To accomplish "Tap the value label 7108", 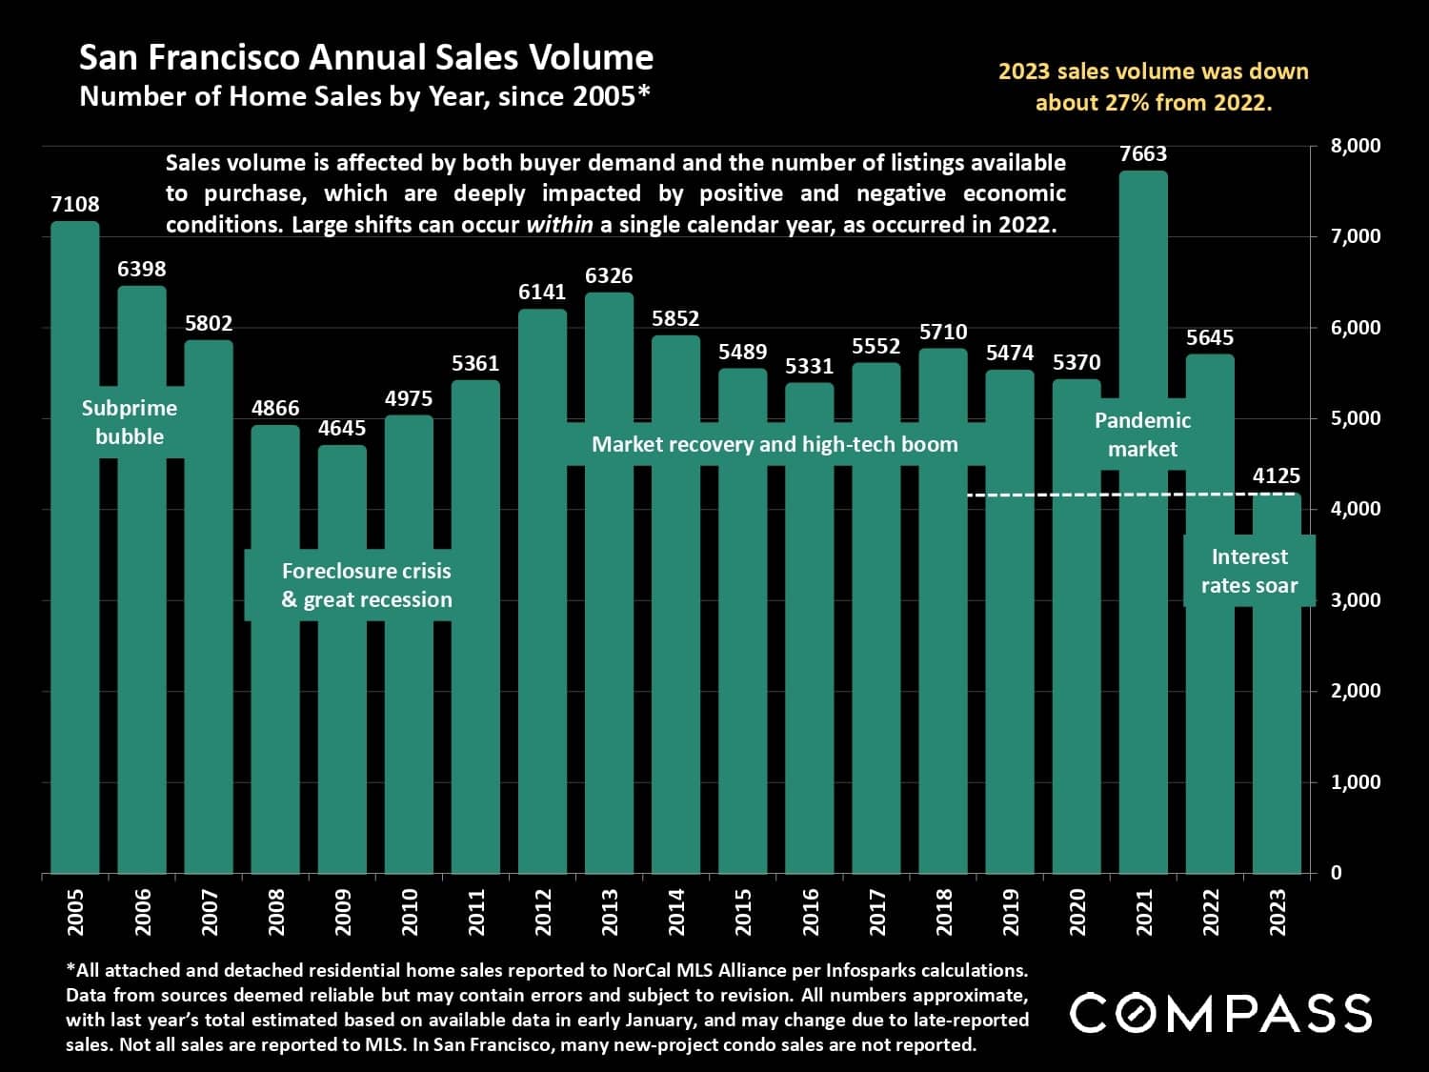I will pos(75,204).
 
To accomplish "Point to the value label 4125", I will pos(1276,475).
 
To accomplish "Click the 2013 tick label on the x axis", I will pos(610,912).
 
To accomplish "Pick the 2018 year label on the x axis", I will pos(944,912).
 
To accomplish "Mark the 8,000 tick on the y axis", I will pos(1355,146).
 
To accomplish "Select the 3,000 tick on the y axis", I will pos(1355,600).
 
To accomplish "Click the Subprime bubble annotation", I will pos(130,422).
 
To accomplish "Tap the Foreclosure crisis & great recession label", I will pos(367,585).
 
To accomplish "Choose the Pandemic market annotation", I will pos(1142,435).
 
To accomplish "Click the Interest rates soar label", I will pos(1249,571).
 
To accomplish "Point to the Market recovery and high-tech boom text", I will pos(775,444).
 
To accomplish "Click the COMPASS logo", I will pos(1220,1013).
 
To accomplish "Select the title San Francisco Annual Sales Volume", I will pos(366,58).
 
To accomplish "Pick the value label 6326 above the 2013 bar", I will pos(609,275).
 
